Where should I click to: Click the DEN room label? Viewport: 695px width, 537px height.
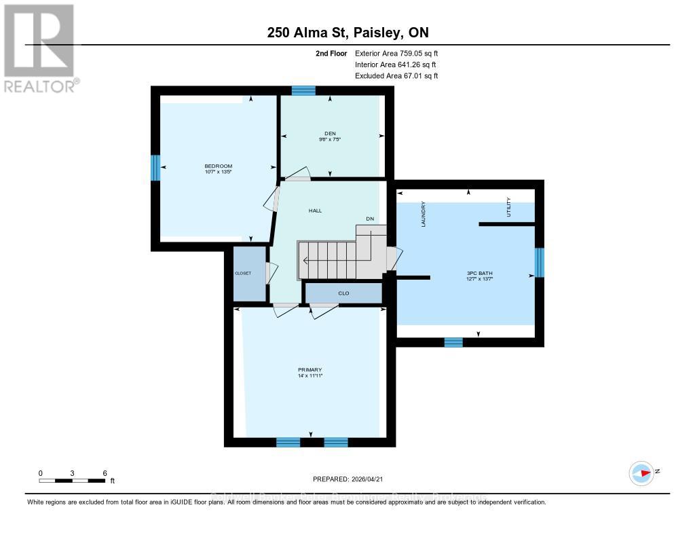click(x=331, y=133)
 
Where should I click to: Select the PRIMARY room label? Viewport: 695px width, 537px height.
click(x=309, y=370)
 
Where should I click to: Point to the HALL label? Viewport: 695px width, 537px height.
click(x=315, y=210)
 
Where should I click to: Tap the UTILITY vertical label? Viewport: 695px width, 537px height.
click(x=508, y=208)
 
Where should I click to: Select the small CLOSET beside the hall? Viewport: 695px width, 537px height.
click(x=243, y=273)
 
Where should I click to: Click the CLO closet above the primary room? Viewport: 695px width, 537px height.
click(x=343, y=293)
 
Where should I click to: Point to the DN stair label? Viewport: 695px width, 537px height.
click(x=370, y=219)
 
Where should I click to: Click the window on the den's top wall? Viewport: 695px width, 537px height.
click(x=303, y=90)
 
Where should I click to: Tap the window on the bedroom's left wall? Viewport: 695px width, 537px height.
click(x=155, y=168)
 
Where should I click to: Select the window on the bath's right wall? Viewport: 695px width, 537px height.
click(x=539, y=263)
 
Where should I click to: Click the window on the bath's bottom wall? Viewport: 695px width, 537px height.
click(x=453, y=342)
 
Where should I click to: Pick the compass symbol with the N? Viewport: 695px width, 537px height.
click(x=641, y=473)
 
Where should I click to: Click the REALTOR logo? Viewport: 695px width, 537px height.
click(x=39, y=48)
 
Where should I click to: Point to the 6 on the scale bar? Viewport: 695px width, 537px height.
click(x=105, y=473)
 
